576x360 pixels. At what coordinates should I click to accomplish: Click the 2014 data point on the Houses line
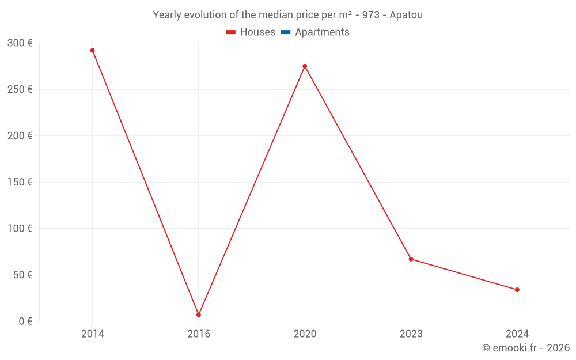pos(92,51)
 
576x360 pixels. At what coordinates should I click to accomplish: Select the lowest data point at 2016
pos(199,314)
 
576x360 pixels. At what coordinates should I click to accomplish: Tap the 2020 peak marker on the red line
pos(305,66)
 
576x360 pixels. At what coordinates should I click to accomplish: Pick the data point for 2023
pos(411,259)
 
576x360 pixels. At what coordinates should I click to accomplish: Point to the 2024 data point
pos(517,290)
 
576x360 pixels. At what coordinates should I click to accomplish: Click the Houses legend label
pos(257,32)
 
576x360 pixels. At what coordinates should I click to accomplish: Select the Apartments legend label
pos(322,32)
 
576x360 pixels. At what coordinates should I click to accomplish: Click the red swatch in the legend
pos(230,32)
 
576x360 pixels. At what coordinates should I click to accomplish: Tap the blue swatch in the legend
pos(285,32)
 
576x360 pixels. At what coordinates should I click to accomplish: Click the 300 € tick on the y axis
pos(20,43)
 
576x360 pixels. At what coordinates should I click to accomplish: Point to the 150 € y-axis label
pos(20,182)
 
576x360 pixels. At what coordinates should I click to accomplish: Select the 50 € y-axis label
pos(22,275)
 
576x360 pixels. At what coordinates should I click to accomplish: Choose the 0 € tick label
pos(25,321)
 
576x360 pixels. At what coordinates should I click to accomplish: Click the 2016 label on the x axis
pos(199,334)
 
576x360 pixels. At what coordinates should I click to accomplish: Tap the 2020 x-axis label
pos(305,334)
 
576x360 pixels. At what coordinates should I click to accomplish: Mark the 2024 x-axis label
pos(517,334)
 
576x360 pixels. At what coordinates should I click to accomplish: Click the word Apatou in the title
pos(406,15)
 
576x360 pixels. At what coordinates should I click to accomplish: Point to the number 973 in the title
pos(371,15)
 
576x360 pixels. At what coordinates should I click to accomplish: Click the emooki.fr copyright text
pos(525,348)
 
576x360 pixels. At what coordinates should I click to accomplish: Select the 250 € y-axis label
pos(20,89)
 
